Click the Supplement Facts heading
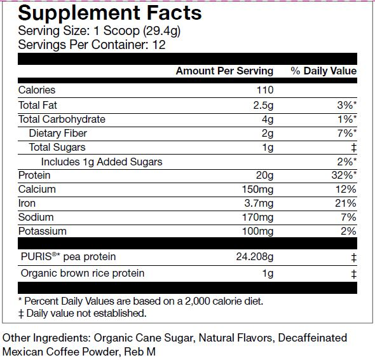[110, 13]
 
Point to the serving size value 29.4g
[161, 31]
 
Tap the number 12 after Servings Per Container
[159, 45]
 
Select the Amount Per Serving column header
[224, 71]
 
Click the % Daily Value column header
[324, 71]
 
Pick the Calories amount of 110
[265, 90]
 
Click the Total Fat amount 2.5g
[263, 106]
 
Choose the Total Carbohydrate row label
[62, 119]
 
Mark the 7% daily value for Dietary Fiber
[347, 133]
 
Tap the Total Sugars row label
[57, 147]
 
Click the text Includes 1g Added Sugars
[102, 162]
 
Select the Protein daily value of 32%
[344, 175]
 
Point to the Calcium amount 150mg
[257, 190]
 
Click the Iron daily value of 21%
[346, 204]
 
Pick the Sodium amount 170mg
[257, 218]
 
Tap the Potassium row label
[43, 232]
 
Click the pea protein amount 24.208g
[255, 257]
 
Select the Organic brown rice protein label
[83, 273]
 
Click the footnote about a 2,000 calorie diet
[141, 301]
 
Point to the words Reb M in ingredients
[140, 352]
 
